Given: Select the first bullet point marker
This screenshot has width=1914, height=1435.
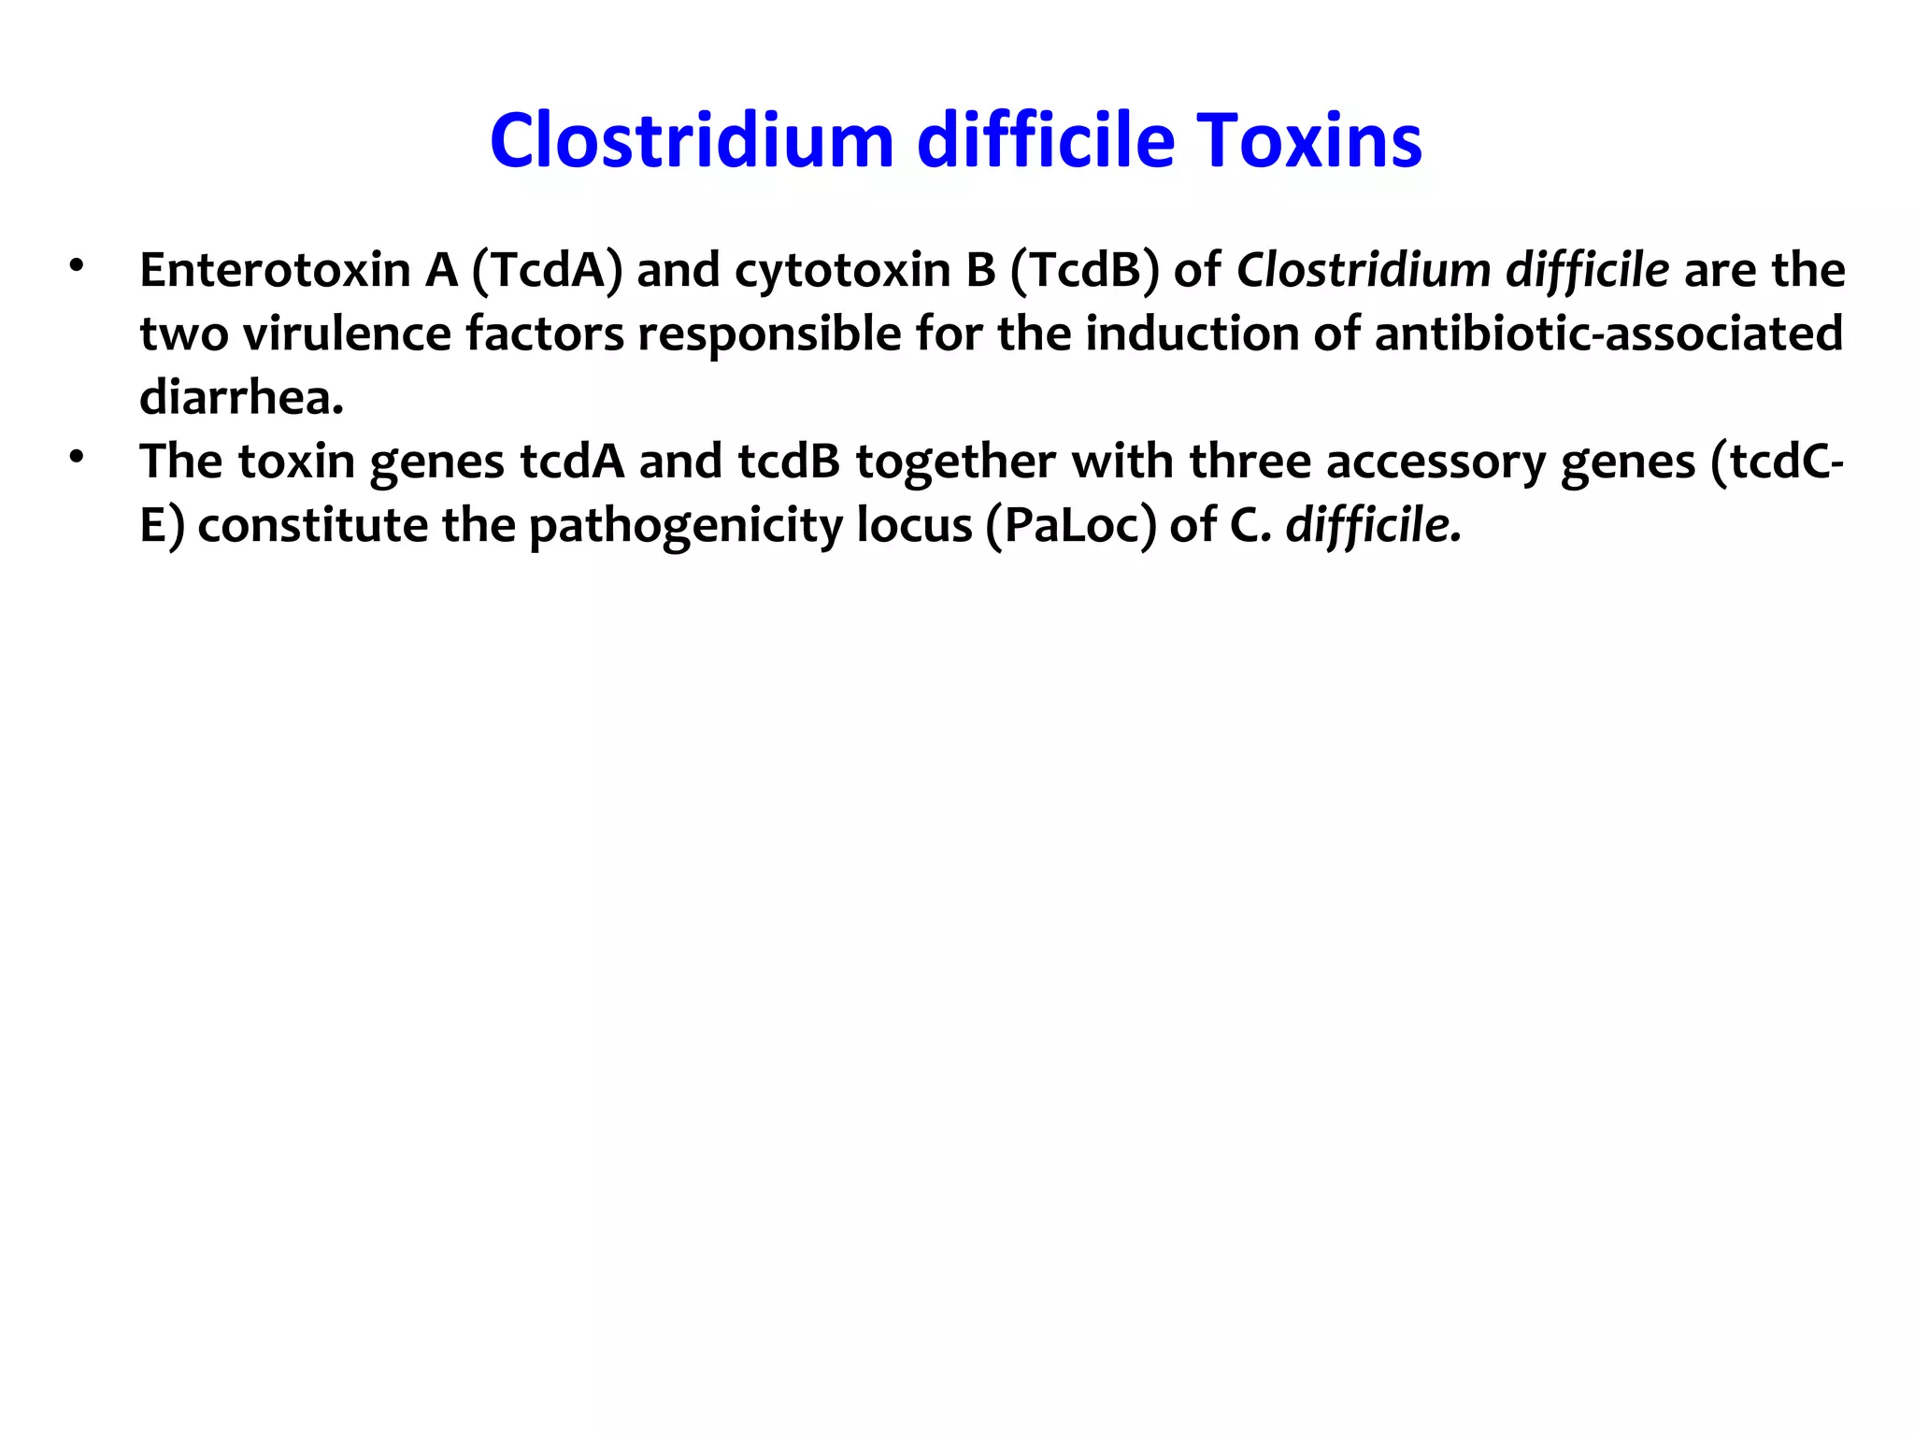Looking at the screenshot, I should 76,265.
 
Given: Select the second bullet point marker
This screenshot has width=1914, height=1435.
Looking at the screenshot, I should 76,457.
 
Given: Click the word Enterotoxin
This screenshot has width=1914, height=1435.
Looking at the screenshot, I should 276,270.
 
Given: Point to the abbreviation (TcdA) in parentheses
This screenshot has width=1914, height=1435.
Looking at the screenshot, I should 547,270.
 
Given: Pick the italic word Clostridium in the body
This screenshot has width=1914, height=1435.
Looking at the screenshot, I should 1364,270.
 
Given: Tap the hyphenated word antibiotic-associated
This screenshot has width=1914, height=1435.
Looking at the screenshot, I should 1608,334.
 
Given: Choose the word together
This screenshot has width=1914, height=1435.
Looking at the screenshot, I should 956,462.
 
